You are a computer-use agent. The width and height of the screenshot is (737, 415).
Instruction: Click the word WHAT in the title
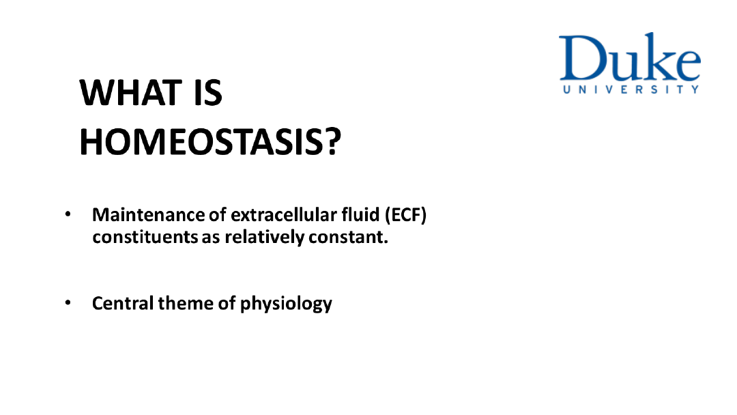click(130, 93)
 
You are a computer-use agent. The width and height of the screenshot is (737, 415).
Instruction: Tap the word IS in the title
click(207, 93)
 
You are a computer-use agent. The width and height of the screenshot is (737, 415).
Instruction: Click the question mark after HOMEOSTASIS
click(332, 142)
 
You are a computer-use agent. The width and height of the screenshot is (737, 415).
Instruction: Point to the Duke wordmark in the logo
click(630, 57)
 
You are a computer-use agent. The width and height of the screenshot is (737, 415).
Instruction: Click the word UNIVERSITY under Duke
click(631, 89)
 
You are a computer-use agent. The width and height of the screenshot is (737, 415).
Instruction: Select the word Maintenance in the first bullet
click(149, 215)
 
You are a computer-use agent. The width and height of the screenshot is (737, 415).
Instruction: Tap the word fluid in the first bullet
click(360, 215)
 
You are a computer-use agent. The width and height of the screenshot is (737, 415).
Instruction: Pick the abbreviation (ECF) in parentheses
click(405, 215)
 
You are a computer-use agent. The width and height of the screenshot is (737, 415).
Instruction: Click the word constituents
click(145, 237)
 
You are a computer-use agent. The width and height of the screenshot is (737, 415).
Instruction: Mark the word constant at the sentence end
click(348, 237)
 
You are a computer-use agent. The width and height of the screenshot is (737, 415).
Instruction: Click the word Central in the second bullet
click(123, 303)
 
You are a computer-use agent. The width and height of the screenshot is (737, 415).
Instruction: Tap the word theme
click(186, 303)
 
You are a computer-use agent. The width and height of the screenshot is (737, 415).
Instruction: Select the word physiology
click(286, 304)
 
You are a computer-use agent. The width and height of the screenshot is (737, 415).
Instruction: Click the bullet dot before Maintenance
click(68, 214)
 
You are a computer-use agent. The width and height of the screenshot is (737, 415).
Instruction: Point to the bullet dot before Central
click(68, 302)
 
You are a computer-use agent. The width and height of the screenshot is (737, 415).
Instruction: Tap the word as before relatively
click(211, 238)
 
